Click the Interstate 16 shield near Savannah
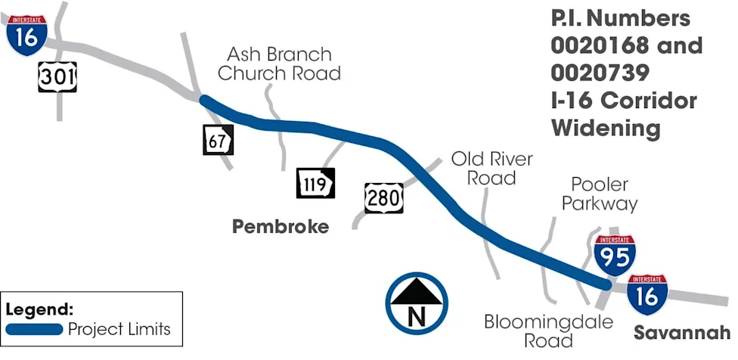point(647,295)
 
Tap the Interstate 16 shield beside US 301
point(26,36)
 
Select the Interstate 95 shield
point(615,256)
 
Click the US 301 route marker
point(57,76)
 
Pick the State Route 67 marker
point(218,140)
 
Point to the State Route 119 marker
point(315,183)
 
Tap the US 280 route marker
point(383,198)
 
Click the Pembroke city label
point(281,227)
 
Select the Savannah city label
point(682,333)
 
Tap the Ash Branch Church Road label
point(279,64)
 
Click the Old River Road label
point(491,168)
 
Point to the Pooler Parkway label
point(600,194)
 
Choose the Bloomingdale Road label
point(549,331)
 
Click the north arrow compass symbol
point(417,303)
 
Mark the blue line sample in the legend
point(34,329)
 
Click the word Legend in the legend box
point(39,309)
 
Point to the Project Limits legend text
point(119,329)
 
